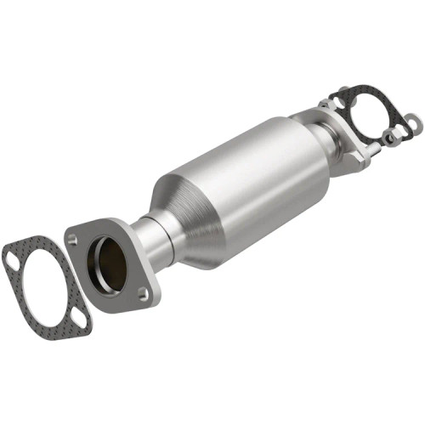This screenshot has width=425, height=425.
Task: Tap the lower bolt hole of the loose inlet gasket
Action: point(78,322)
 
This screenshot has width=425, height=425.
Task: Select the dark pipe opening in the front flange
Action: point(110,263)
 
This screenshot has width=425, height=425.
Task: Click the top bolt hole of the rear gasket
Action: point(343,91)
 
